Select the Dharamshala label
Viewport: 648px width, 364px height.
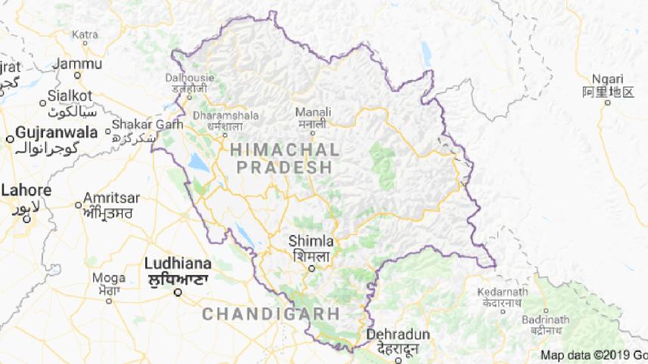coord(226,116)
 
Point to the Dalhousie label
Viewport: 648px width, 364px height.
coord(190,76)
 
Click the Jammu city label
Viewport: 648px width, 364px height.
coord(79,63)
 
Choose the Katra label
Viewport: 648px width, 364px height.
coord(85,34)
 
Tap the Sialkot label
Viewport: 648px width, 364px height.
coord(70,95)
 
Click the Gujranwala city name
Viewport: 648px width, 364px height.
coord(57,132)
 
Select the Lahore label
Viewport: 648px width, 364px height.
coord(26,190)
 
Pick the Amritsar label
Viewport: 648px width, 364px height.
coord(112,197)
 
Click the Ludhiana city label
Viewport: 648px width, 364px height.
coord(178,264)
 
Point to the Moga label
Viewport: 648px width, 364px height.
coord(109,277)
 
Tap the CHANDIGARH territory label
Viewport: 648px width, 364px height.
coord(271,313)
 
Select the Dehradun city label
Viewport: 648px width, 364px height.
coord(398,335)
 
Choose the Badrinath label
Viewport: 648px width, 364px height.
coord(545,319)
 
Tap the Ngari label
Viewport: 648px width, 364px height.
coord(607,79)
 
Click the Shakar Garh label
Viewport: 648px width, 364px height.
coord(142,124)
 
